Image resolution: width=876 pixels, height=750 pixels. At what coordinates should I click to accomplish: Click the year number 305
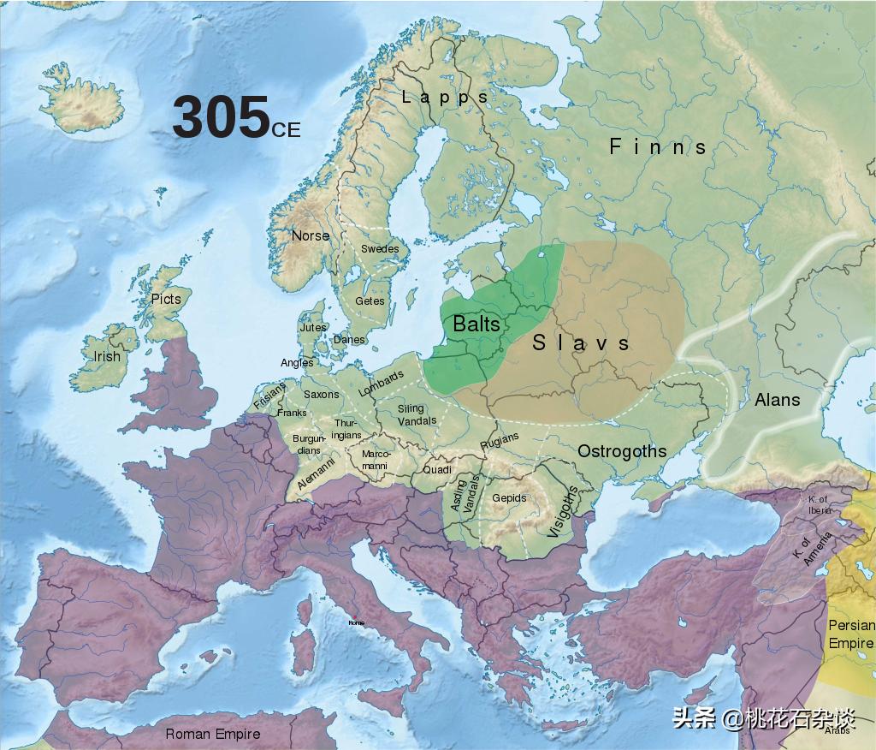pos(221,117)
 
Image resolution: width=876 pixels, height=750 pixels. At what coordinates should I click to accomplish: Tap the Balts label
pos(476,324)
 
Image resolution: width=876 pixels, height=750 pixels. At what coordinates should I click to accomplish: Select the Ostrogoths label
pos(621,451)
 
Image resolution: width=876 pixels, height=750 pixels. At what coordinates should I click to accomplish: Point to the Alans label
pos(777,399)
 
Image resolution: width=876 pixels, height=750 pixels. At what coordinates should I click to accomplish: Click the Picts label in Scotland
pos(166,299)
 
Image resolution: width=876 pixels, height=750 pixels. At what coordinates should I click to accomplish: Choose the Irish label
pos(107,356)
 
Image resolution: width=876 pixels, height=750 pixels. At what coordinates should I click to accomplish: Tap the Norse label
pos(310,235)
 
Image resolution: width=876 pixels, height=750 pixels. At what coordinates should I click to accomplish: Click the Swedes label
pos(380,249)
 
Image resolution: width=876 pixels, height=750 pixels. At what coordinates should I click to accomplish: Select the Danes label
pos(349,340)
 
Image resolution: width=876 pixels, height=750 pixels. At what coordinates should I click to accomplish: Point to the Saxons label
pos(322,395)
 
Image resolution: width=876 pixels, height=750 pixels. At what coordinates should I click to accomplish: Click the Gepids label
pos(509,498)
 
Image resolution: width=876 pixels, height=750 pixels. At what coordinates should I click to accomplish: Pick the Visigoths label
pos(562,511)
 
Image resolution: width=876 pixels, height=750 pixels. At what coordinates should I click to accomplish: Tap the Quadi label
pos(437,470)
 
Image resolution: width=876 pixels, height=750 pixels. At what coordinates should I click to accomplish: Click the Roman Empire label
pos(212,734)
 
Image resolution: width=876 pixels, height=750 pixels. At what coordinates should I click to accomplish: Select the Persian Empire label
pos(850,634)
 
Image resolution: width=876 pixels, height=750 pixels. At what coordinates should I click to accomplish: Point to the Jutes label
pos(312,327)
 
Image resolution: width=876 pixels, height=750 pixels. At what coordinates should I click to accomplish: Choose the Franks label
pos(292,413)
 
